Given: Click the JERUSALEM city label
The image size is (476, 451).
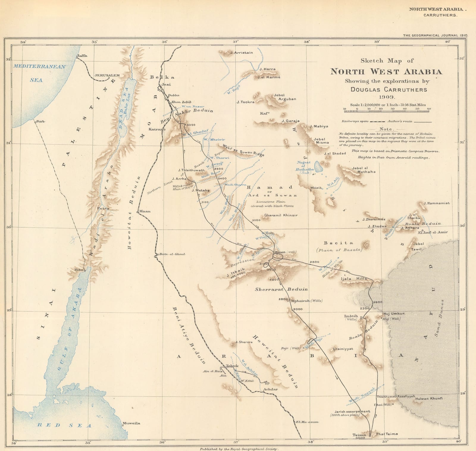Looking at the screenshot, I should point(107,75).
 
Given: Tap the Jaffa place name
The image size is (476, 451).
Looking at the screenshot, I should point(82,56).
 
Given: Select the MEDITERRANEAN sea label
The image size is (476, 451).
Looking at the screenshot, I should point(39,66).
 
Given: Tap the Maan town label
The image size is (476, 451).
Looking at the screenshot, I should point(145,211).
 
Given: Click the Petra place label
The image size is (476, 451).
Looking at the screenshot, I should point(104,208).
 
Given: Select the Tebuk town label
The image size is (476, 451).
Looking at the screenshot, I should point(232,366).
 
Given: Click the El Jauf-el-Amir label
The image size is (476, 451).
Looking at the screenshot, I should point(433,232).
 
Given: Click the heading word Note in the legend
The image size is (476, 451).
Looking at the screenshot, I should point(386,129).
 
